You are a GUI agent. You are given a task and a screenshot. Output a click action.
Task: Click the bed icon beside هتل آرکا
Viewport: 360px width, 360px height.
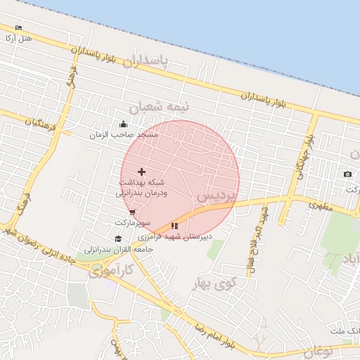click(x=18, y=27)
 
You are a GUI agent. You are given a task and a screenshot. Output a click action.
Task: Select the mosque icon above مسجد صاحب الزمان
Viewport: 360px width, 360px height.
click(x=124, y=124)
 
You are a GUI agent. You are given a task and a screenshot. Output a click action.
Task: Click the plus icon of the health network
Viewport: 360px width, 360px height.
click(x=141, y=172)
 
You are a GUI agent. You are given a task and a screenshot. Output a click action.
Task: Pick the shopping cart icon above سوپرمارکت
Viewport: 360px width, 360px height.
click(x=132, y=212)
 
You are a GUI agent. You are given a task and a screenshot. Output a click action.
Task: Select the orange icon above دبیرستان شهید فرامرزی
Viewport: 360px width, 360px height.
click(x=174, y=226)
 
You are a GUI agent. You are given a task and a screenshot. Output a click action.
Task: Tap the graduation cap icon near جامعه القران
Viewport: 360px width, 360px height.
click(x=117, y=239)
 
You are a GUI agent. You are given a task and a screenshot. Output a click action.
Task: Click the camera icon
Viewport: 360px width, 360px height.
click(x=347, y=174)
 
